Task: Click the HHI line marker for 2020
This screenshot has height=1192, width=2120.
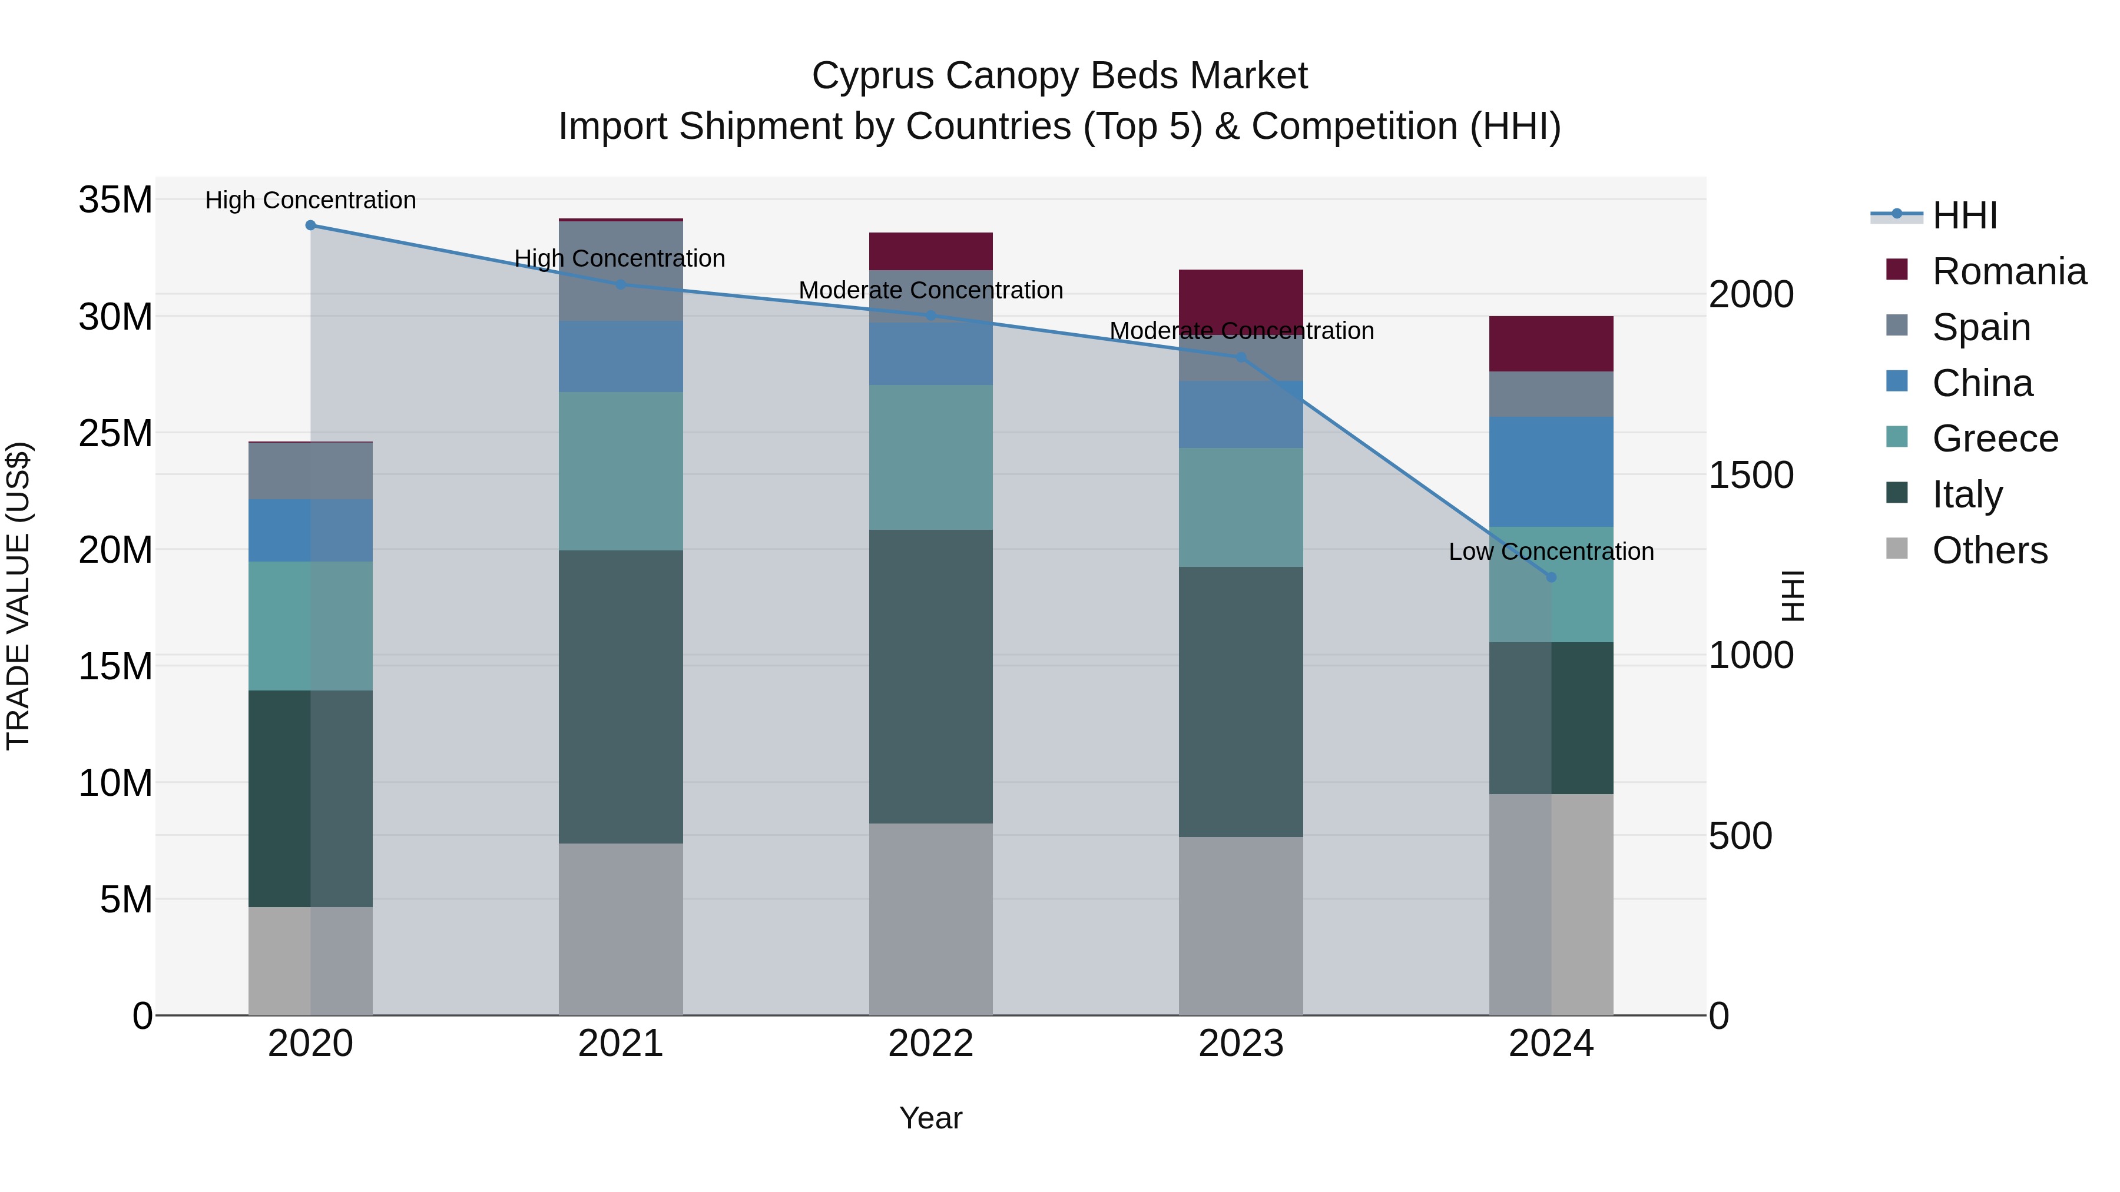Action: [x=310, y=225]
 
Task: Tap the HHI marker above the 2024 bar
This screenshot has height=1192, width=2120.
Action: [x=1551, y=577]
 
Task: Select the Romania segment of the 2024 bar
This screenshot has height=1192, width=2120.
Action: [x=1551, y=344]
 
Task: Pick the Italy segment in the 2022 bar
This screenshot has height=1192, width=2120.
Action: [x=931, y=676]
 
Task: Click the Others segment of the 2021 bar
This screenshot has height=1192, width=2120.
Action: [x=621, y=929]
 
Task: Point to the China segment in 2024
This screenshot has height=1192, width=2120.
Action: [x=1551, y=472]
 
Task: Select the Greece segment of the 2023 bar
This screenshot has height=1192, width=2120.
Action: [x=1241, y=507]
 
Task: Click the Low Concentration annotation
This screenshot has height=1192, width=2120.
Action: [x=1551, y=552]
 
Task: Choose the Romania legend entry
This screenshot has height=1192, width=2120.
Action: [x=2009, y=271]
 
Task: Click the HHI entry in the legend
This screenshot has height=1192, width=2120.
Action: [x=1965, y=215]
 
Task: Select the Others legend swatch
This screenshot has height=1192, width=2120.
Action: [x=1897, y=549]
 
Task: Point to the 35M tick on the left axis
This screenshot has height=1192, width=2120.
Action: [x=115, y=200]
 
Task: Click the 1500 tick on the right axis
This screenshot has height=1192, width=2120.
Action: [x=1751, y=476]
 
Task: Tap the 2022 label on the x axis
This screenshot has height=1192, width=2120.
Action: [x=931, y=1044]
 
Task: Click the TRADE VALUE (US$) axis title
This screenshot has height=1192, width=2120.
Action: [x=18, y=596]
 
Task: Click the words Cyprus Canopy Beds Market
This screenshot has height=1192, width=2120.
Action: [x=1059, y=76]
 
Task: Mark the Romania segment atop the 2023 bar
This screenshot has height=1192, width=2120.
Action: [x=1241, y=301]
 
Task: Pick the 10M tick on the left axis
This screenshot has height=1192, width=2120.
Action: [x=115, y=783]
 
